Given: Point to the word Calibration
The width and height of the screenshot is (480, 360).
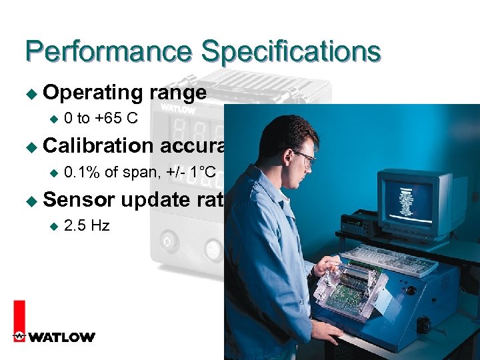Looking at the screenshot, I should point(98,145).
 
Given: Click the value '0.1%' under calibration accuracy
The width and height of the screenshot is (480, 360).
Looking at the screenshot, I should point(83,172).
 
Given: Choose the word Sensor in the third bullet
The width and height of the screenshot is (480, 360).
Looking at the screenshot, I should point(78,199).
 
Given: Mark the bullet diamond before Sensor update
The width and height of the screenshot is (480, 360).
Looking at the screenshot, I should point(29,200).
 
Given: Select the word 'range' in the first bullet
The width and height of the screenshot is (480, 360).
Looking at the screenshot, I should point(178,93).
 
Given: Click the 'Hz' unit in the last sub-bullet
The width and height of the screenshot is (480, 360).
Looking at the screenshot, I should point(100,225).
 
